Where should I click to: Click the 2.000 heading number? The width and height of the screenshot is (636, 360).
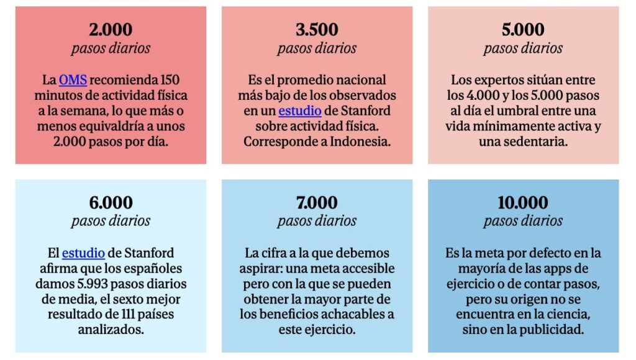tap(111, 30)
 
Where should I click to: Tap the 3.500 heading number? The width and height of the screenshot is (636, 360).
tap(317, 30)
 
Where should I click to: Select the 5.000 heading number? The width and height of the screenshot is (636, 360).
tap(523, 30)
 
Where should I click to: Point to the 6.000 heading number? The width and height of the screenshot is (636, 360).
tap(111, 203)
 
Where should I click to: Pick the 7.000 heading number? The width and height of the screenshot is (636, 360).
tap(317, 203)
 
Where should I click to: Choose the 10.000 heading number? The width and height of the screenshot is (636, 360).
tap(523, 203)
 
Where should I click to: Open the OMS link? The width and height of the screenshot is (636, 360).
tap(73, 80)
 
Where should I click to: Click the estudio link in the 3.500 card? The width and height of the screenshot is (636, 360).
tap(299, 111)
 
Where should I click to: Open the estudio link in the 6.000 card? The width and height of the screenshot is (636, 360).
tap(83, 253)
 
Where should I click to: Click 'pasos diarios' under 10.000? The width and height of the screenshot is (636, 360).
tap(523, 221)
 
